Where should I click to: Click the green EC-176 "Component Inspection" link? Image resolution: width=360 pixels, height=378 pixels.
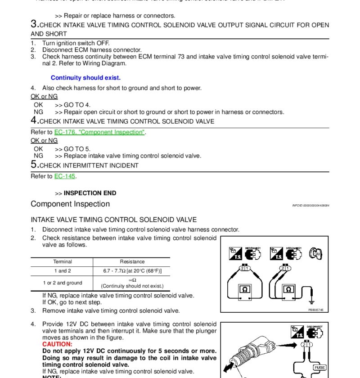(99, 132)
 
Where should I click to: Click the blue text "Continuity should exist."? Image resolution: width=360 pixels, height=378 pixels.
(85, 78)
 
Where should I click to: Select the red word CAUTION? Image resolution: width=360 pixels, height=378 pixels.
(57, 344)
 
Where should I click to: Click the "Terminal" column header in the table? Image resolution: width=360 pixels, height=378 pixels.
(62, 262)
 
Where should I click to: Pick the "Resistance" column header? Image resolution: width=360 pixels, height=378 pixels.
(132, 262)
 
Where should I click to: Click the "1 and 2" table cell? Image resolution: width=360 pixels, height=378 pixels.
(62, 271)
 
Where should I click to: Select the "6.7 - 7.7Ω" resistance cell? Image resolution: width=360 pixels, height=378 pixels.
(132, 271)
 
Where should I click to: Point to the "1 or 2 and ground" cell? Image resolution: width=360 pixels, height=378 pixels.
(62, 283)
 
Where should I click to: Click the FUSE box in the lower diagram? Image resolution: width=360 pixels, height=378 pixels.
(319, 368)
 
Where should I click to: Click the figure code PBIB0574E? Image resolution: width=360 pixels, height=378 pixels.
(316, 310)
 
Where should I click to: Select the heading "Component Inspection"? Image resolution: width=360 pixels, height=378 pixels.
(70, 204)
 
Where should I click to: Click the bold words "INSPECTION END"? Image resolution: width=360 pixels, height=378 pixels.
(90, 193)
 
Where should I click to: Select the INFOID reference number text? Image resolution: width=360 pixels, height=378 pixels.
(310, 206)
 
